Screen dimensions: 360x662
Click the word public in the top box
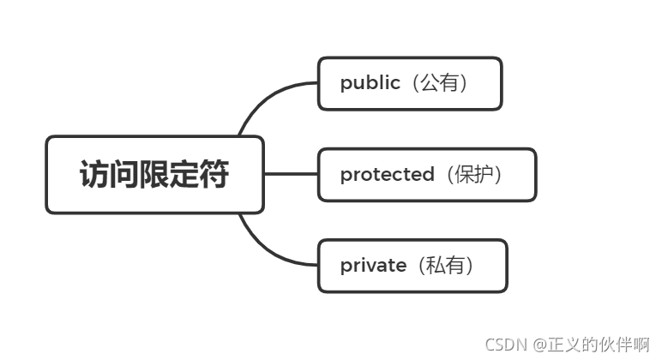[370, 83]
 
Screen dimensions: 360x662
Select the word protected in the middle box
[387, 175]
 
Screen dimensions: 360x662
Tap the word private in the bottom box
[373, 266]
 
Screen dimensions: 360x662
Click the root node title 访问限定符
[154, 175]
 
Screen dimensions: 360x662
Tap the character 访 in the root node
[93, 175]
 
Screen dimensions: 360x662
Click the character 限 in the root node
[154, 175]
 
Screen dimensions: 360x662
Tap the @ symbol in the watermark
[539, 345]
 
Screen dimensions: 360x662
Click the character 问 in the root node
[123, 175]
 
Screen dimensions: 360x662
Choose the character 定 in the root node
[184, 175]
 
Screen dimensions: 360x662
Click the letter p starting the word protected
[345, 176]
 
